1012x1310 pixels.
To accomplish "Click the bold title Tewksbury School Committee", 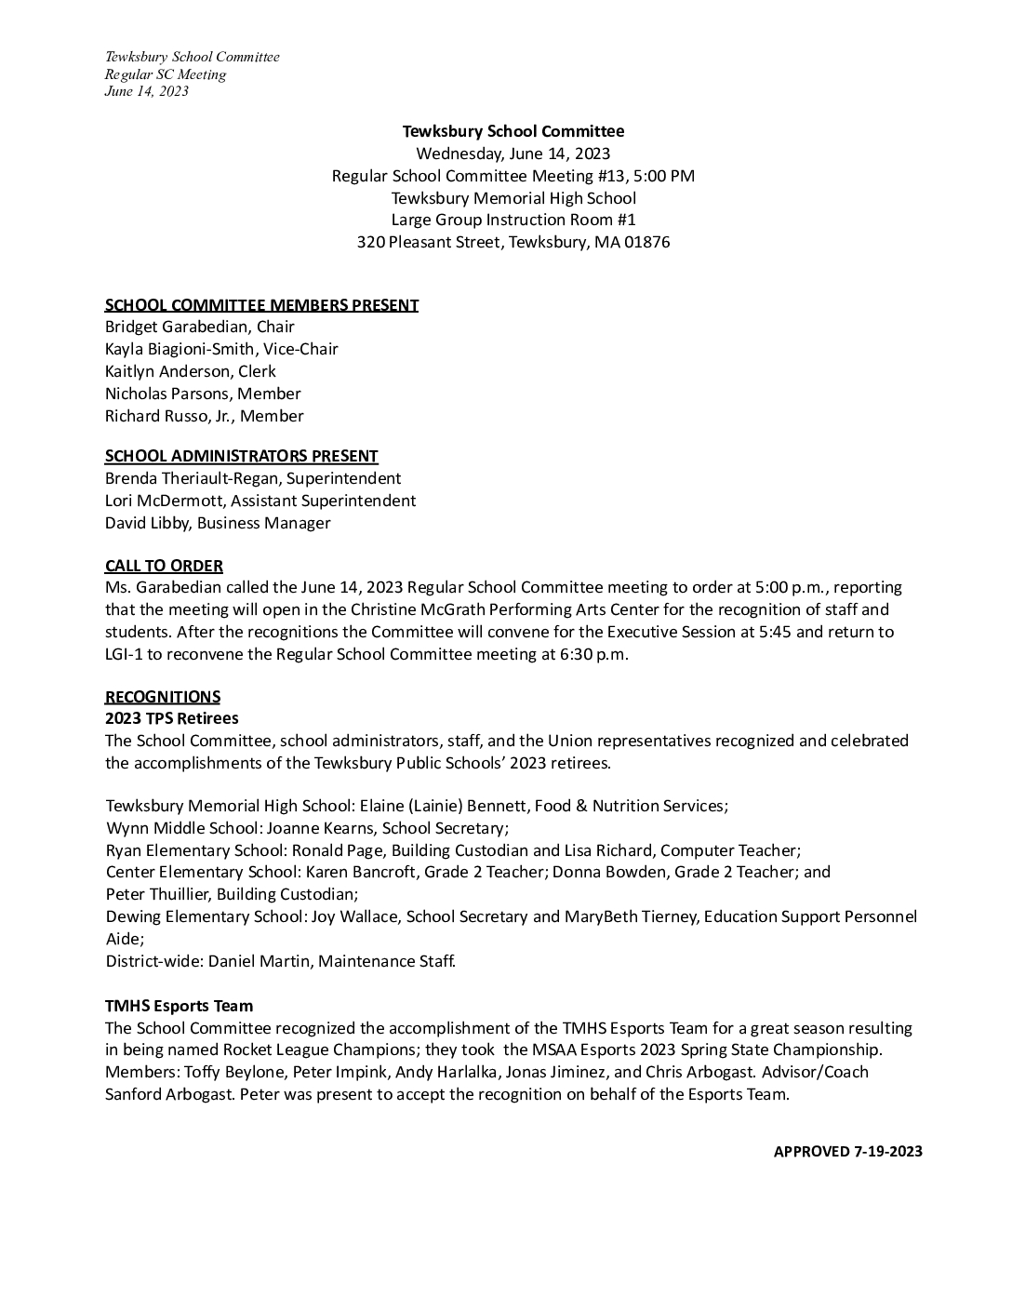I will [513, 131].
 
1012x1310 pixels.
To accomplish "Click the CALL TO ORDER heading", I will [164, 566].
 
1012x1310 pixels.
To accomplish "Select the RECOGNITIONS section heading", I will [163, 697].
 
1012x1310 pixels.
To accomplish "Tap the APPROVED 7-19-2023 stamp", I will [847, 1152].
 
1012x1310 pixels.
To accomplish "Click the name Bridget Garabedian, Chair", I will [199, 327].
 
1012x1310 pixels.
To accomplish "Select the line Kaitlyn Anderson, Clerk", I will [190, 371].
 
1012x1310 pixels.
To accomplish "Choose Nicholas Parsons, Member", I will [203, 394].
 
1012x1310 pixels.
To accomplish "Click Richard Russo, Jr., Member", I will [204, 416].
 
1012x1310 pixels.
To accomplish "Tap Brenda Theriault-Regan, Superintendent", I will [253, 478].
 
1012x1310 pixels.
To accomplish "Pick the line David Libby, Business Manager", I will [218, 523].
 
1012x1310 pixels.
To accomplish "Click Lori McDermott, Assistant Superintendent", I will [260, 501].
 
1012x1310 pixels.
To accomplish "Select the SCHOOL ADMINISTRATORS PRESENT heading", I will [241, 456].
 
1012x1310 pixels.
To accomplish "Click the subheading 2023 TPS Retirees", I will [171, 718].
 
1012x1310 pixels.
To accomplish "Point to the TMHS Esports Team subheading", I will [179, 1006].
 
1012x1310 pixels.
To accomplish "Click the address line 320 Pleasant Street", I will [513, 242].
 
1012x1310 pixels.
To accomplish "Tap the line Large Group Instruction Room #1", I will [513, 220].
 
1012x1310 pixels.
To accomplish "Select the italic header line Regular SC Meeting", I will [165, 74].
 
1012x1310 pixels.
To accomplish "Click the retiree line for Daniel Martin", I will [280, 960].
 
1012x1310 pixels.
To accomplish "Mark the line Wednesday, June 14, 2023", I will [513, 154].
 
